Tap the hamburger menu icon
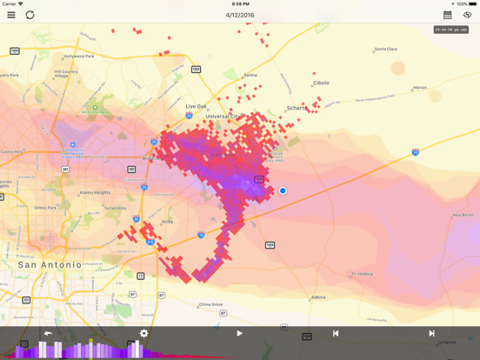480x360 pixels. pyautogui.click(x=11, y=15)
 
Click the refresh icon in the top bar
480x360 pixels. pyautogui.click(x=30, y=15)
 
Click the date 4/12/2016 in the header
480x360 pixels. pyautogui.click(x=239, y=15)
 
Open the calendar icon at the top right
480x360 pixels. pyautogui.click(x=448, y=15)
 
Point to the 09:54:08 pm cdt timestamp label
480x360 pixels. pyautogui.click(x=451, y=30)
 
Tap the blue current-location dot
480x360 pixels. pyautogui.click(x=283, y=190)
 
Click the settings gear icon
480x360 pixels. pyautogui.click(x=144, y=333)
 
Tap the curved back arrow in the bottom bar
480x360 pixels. pyautogui.click(x=48, y=333)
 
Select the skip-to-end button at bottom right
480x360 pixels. pyautogui.click(x=431, y=333)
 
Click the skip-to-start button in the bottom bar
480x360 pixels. pyautogui.click(x=336, y=333)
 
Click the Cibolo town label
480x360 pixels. pyautogui.click(x=321, y=83)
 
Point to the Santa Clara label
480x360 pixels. pyautogui.click(x=385, y=50)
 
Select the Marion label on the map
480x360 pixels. pyautogui.click(x=420, y=88)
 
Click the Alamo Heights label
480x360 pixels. pyautogui.click(x=95, y=192)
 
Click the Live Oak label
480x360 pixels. pyautogui.click(x=197, y=106)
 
